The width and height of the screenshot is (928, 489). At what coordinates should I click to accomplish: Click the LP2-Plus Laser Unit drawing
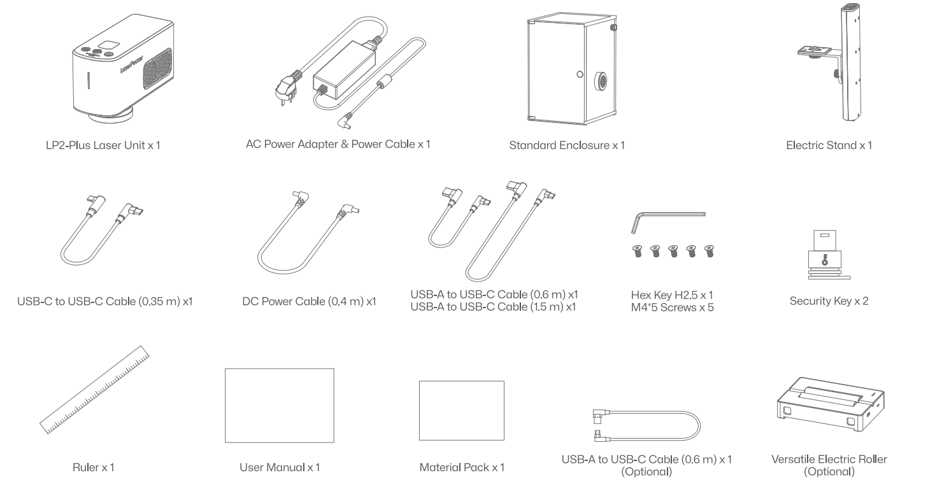[123, 68]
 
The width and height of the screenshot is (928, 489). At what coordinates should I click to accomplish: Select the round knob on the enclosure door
[580, 74]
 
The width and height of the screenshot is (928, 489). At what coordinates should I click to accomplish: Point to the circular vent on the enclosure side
[601, 80]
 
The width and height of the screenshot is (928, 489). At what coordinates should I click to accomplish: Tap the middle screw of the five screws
[673, 251]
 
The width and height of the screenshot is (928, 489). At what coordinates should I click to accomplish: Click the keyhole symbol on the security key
[824, 260]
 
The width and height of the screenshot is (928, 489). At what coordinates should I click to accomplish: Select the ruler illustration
[94, 390]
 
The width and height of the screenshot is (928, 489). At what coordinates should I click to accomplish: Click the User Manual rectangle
[279, 406]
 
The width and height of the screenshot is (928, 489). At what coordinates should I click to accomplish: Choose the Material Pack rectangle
[462, 410]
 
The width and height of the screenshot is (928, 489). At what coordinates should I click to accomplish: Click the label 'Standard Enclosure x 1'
[567, 145]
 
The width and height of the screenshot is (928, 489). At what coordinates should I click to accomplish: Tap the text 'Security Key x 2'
[829, 301]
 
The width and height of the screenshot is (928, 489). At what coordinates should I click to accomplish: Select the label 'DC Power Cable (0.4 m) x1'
[309, 301]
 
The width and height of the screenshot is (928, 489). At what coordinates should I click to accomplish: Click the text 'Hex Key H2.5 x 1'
[672, 295]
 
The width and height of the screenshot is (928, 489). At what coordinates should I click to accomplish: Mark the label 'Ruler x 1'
[93, 467]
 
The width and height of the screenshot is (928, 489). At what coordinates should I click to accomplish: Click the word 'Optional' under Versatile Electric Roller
[829, 472]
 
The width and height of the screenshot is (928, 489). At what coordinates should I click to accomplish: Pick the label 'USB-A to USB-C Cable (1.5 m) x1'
[493, 308]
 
